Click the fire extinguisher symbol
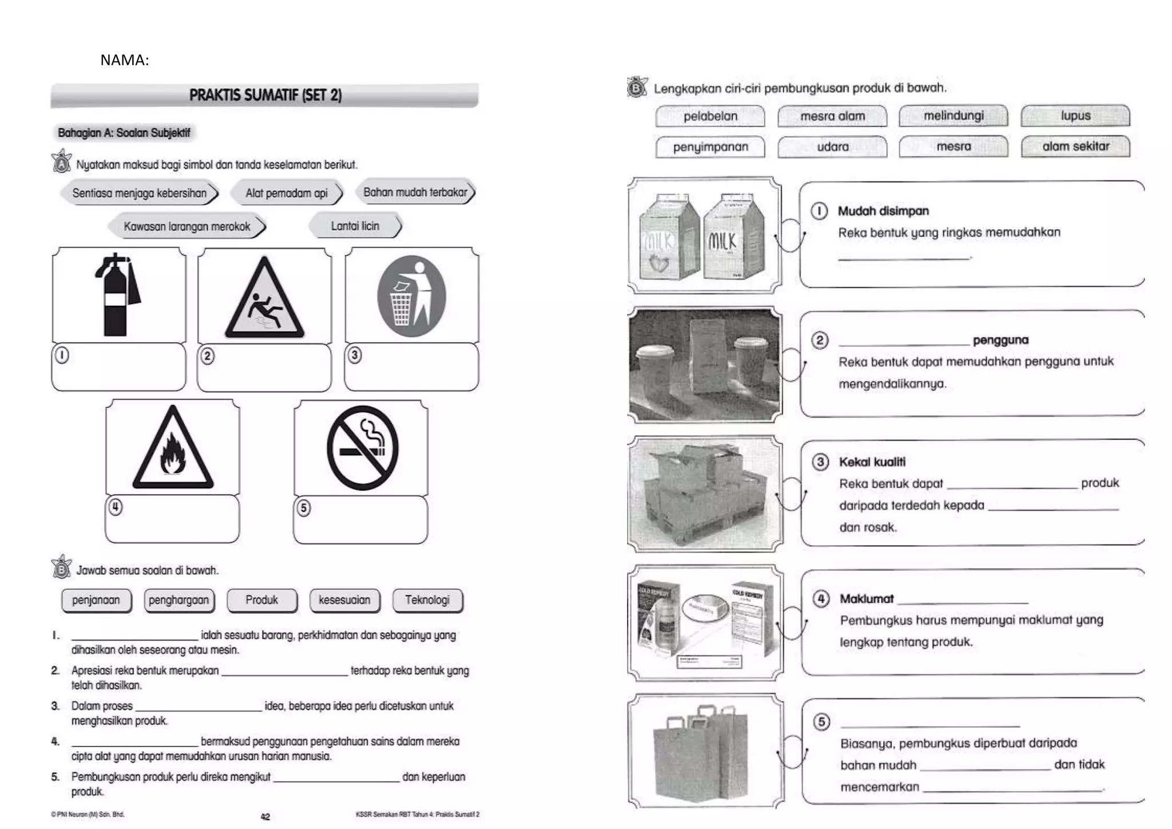tap(118, 295)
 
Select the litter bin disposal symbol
tap(411, 296)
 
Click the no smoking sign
tap(362, 448)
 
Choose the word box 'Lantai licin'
tap(355, 226)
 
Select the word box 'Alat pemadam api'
tap(286, 193)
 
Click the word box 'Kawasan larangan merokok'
tap(187, 227)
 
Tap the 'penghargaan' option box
tap(179, 600)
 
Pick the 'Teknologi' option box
tap(427, 600)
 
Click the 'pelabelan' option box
tap(710, 116)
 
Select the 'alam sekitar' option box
tap(1075, 147)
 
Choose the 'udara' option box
tap(832, 147)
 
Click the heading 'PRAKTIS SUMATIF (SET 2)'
tap(265, 95)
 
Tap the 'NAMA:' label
tap(124, 60)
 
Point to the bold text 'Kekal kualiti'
tap(872, 462)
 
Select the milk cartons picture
tap(703, 236)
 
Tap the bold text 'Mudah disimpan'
tap(883, 211)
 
